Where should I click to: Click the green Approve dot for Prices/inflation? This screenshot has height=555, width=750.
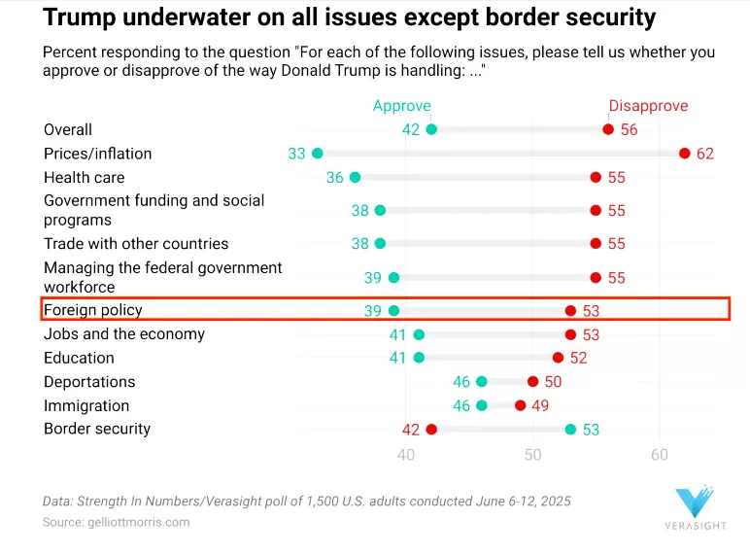click(x=317, y=154)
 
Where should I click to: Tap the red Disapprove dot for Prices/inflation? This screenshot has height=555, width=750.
click(x=684, y=154)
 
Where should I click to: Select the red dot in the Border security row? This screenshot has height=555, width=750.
click(x=431, y=430)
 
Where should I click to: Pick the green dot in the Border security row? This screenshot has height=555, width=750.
click(x=570, y=430)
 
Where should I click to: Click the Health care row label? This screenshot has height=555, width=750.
click(x=85, y=177)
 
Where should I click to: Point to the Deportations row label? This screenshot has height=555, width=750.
click(x=89, y=382)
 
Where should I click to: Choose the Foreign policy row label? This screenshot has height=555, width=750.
click(x=93, y=310)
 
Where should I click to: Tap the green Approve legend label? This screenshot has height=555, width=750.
click(x=401, y=106)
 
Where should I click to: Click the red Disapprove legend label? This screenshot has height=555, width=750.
click(x=648, y=106)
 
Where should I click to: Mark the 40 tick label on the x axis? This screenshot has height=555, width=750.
click(x=406, y=455)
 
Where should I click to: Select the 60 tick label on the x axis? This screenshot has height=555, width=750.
click(x=660, y=455)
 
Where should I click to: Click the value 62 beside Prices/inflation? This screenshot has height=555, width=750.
click(x=704, y=154)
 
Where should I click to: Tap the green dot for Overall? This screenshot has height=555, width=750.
click(x=431, y=129)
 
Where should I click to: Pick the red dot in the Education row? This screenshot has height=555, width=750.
click(x=558, y=358)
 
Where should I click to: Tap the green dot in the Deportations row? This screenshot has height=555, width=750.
click(x=482, y=382)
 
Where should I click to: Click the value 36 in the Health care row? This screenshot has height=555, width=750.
click(x=335, y=178)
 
